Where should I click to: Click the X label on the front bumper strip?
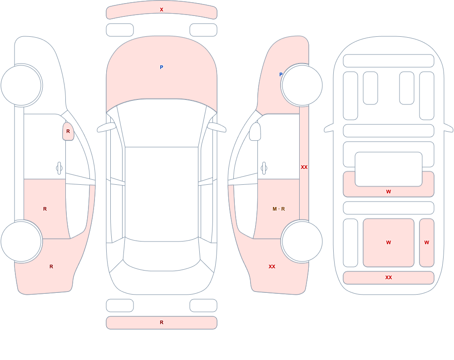click(162, 10)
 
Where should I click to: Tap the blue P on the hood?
click(162, 67)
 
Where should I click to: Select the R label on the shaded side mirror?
click(68, 131)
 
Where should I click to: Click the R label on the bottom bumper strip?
click(162, 322)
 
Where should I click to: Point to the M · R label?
click(279, 209)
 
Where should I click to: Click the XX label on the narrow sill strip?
click(304, 167)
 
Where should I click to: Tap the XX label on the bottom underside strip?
click(389, 277)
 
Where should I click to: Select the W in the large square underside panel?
click(389, 242)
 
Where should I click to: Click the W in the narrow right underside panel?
click(427, 242)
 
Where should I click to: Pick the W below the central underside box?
click(389, 192)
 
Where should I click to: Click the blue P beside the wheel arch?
click(281, 74)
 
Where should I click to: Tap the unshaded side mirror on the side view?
click(255, 132)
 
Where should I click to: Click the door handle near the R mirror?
click(59, 168)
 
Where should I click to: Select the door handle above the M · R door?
click(264, 168)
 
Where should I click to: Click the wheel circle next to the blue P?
click(302, 85)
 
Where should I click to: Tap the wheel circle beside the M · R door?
click(302, 241)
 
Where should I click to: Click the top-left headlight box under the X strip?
click(120, 30)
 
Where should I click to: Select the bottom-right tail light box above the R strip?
click(203, 306)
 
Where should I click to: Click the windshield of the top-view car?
click(162, 123)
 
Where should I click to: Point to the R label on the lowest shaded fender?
click(51, 266)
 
